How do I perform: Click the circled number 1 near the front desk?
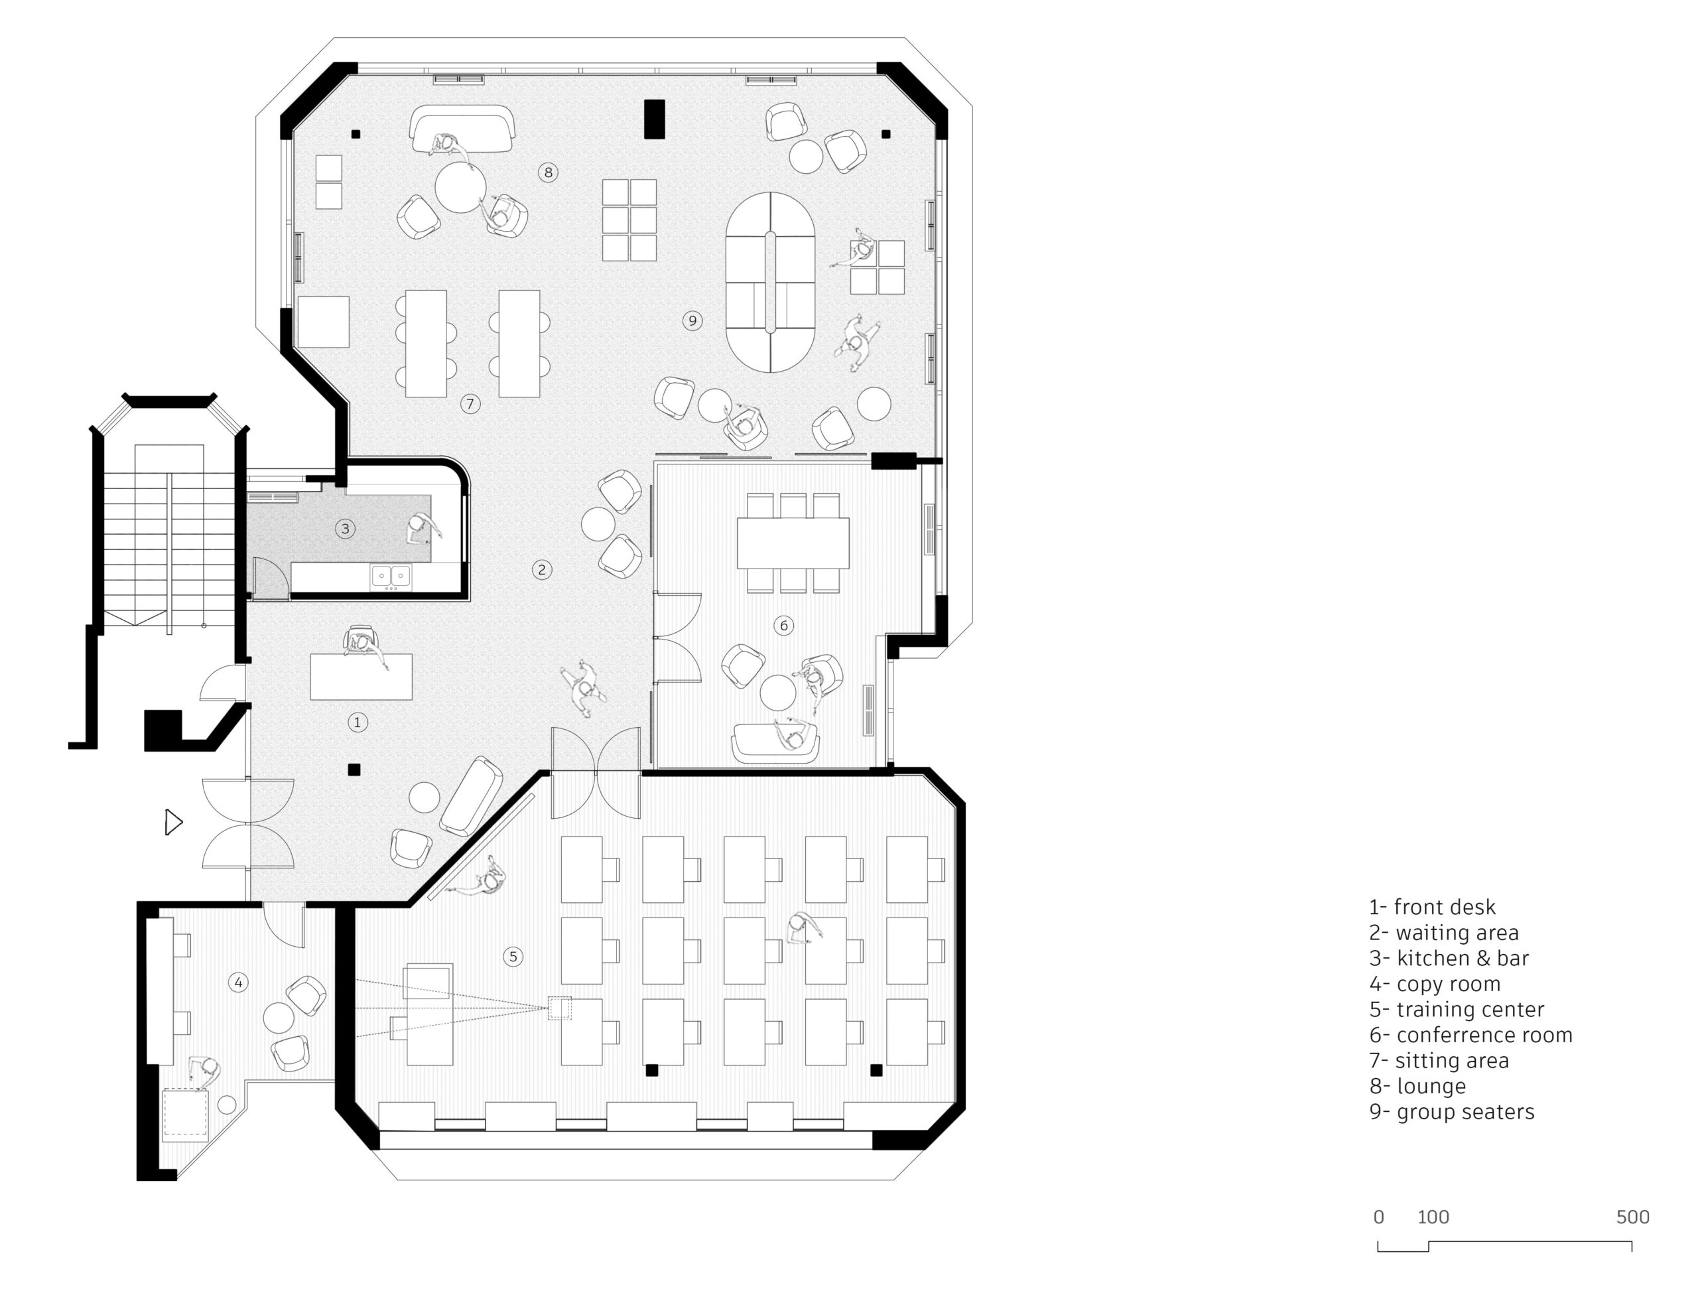point(357,722)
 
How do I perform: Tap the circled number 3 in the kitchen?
point(345,529)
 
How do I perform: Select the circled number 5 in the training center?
point(513,957)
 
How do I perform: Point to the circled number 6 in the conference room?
point(783,626)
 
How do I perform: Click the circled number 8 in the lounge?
point(548,172)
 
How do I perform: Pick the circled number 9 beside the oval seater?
point(692,320)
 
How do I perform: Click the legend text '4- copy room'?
point(1435,984)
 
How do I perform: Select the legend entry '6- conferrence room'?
point(1470,1034)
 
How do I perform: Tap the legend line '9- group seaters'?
point(1451,1112)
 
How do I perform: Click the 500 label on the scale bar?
point(1632,1217)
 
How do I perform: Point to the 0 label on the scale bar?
point(1378,1217)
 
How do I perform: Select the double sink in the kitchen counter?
point(391,576)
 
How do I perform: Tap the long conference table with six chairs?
point(793,543)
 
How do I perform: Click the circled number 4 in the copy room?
point(239,983)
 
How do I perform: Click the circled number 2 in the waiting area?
point(542,570)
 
